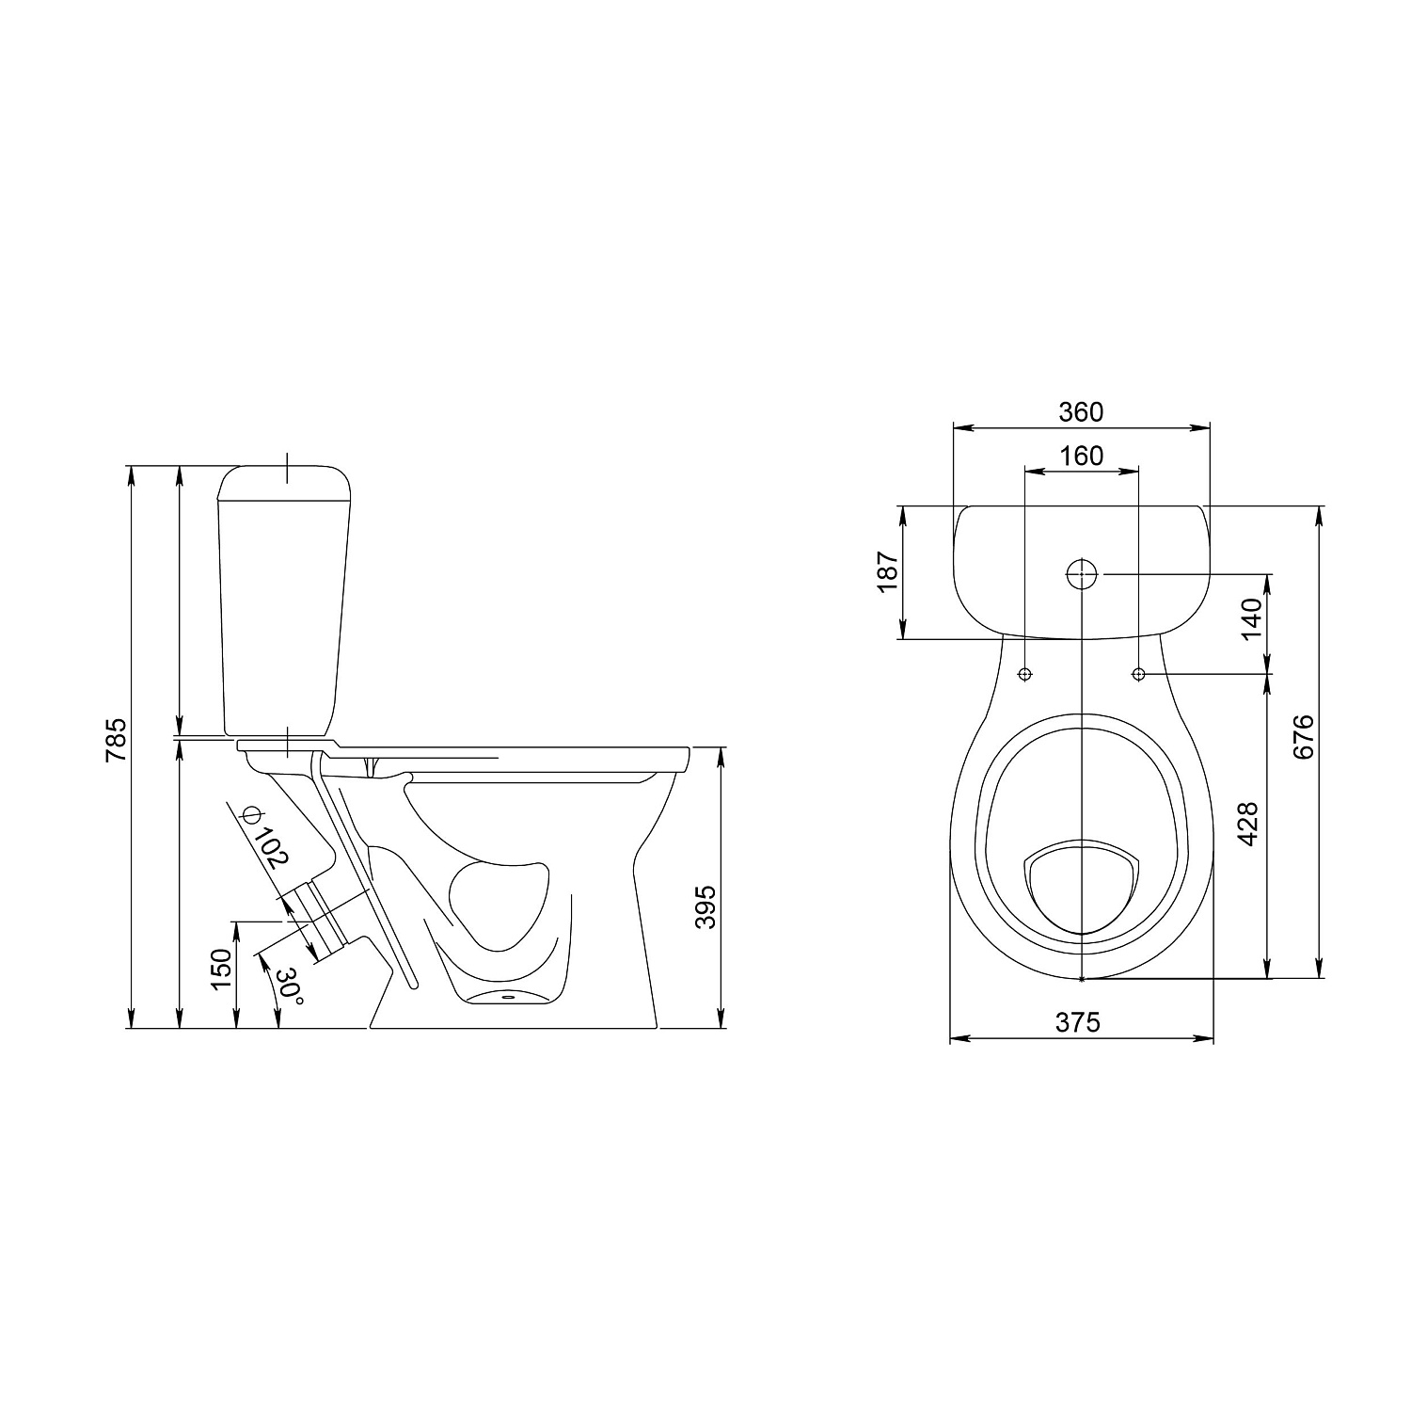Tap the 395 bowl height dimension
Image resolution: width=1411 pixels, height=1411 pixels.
pos(705,906)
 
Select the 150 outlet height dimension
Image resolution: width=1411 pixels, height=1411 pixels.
pos(220,969)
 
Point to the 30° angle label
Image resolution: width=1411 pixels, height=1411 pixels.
pos(291,986)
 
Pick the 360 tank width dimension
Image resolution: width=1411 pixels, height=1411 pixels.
pos(1081,411)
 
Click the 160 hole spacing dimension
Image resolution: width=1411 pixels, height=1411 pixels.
pos(1081,456)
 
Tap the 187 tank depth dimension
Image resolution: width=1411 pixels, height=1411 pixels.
pos(889,572)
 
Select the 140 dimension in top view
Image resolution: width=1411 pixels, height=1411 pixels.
pos(1250,618)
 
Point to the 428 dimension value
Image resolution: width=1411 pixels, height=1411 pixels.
pos(1248,824)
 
